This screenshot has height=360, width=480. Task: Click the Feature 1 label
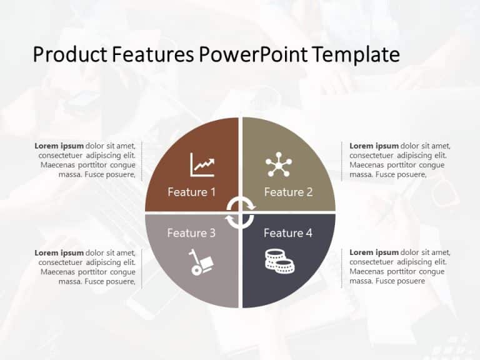[x=191, y=192]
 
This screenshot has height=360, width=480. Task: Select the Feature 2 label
[x=288, y=192]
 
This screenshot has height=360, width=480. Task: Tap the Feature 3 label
[x=191, y=233]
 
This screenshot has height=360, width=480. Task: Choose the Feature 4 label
[x=287, y=233]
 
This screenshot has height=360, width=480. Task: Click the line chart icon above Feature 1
[x=202, y=165]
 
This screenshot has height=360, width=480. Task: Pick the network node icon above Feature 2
[x=278, y=164]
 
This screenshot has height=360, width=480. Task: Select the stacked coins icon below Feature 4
[x=279, y=260]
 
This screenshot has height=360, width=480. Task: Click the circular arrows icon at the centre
[x=240, y=212]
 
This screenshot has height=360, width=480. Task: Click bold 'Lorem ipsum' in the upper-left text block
[x=59, y=146]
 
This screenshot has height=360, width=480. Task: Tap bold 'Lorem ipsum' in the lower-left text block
[x=59, y=252]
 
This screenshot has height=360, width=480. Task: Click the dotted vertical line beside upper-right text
[x=342, y=161]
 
